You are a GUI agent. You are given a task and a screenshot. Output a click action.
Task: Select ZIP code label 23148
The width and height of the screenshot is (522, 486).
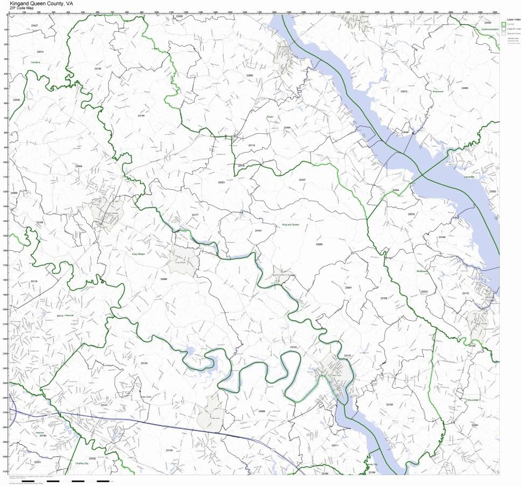141,115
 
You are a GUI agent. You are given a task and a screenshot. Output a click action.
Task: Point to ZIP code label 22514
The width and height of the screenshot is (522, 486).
40,52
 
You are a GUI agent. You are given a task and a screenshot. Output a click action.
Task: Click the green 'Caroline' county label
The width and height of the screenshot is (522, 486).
36,62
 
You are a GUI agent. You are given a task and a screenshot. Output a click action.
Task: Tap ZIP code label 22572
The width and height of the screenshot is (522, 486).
404,91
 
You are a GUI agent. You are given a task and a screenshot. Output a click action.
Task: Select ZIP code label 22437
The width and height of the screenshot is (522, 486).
302,180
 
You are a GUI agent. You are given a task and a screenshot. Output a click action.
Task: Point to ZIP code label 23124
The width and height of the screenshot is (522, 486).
144,363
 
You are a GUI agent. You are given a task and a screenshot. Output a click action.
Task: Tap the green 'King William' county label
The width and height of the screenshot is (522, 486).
139,254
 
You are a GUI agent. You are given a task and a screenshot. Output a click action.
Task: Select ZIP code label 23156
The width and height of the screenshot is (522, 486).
390,404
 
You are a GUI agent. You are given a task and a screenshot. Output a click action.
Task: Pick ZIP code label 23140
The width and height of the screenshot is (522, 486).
169,450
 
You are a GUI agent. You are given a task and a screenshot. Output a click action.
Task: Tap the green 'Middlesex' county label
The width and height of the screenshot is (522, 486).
422,271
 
